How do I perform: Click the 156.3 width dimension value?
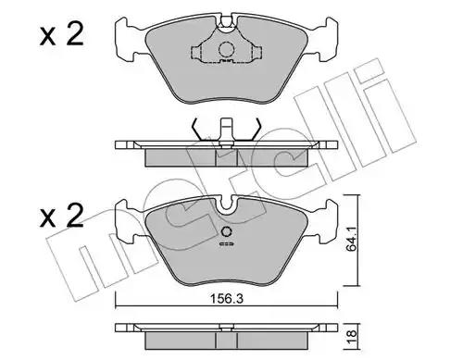point(226,298)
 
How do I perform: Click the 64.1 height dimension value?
point(351,239)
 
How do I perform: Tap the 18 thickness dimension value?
point(351,334)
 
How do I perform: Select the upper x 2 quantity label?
point(62,35)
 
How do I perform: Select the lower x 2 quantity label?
point(62,216)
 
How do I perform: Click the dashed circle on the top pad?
point(226,49)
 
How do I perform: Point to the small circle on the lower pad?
point(227,231)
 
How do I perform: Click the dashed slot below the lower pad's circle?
point(227,244)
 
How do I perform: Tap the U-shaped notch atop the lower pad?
point(227,205)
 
